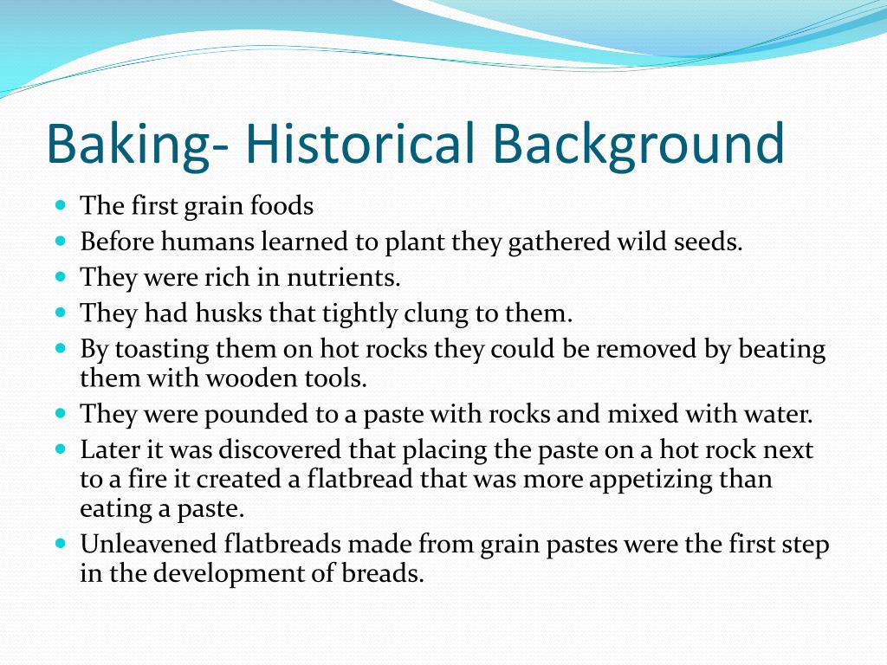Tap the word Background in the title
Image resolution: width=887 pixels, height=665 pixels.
point(640,144)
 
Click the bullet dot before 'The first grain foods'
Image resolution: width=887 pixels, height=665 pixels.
point(61,206)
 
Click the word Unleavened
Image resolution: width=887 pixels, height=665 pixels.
point(146,545)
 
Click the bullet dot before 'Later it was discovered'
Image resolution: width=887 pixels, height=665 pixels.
point(61,449)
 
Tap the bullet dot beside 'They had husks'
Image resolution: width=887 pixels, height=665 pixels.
point(61,313)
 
